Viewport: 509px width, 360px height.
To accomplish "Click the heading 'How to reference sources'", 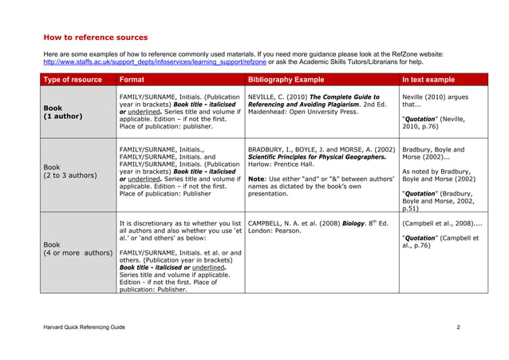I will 95,38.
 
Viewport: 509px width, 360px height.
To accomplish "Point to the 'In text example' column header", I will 428,80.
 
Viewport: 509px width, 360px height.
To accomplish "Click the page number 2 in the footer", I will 458,328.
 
